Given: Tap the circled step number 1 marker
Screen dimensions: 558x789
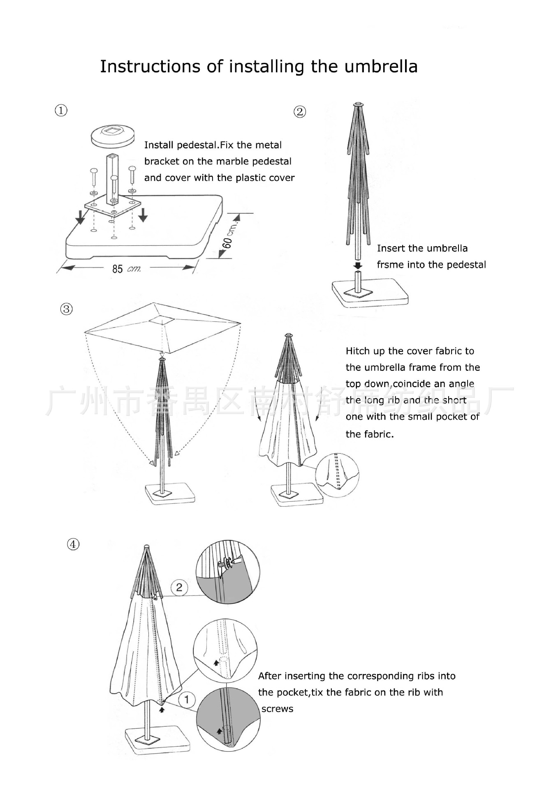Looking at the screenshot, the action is coord(61,111).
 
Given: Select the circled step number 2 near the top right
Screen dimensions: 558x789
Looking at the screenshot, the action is coord(300,112).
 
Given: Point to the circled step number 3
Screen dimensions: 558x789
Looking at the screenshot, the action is coord(66,309).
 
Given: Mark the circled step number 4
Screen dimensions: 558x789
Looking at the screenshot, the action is coord(73,544).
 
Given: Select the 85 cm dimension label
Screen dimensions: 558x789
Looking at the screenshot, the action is coord(127,269).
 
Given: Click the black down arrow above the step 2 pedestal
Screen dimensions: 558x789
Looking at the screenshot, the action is coord(358,266).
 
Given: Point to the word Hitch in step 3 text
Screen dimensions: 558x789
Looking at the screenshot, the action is coord(356,351).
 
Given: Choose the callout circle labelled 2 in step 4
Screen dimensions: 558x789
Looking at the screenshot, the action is coord(179,587).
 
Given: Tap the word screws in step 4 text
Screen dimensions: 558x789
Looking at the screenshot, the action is coord(278,709).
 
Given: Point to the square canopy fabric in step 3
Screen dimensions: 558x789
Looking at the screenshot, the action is coord(162,328).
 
